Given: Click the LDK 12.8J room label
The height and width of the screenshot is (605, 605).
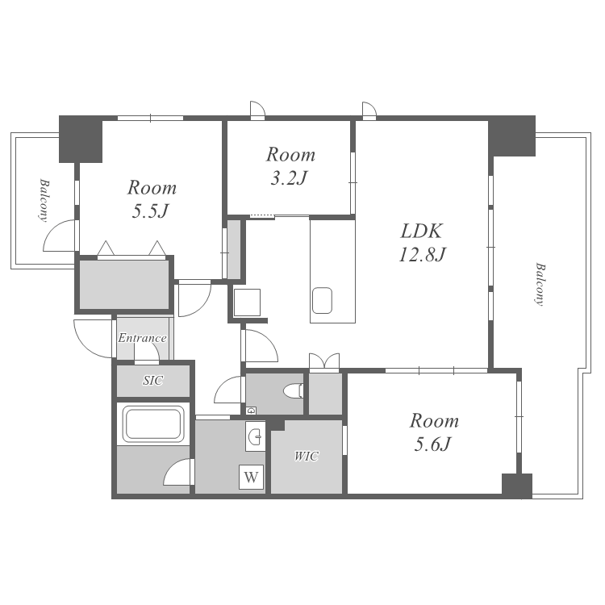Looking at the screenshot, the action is tap(422, 242).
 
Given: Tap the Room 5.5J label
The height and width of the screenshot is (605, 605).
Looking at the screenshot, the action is tap(152, 198).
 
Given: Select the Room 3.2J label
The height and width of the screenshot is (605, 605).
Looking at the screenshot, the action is tap(290, 166).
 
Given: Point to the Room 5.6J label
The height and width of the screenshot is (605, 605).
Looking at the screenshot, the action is tap(434, 432).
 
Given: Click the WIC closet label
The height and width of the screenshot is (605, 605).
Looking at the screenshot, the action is tap(307, 456).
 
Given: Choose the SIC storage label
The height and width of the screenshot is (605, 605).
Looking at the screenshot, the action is tap(152, 381).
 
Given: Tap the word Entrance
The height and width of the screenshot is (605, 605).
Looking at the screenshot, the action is tap(142, 338).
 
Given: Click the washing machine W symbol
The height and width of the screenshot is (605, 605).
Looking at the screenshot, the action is tap(251, 478).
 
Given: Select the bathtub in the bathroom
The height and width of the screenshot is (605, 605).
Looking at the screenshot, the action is tap(153, 424).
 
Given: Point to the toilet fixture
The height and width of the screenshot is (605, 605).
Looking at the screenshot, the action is tap(294, 391).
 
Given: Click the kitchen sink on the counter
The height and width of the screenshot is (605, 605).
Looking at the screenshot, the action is tap(322, 300).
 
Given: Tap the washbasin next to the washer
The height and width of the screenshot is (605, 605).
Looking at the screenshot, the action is tap(255, 436).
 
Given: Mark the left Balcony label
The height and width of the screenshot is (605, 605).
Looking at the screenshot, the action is tap(44, 200).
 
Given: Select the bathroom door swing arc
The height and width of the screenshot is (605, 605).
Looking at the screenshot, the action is tap(177, 472).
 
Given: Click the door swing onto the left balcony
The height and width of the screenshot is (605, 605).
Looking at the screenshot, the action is tap(58, 236).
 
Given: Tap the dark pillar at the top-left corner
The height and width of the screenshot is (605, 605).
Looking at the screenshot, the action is tap(80, 139).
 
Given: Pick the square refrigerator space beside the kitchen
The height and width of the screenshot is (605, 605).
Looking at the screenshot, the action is tap(247, 302).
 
